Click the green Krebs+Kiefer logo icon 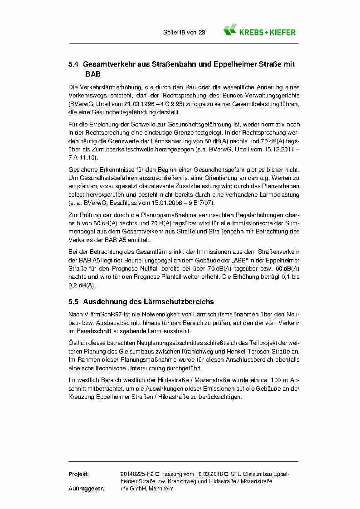click(x=230, y=30)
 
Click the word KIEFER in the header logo click(x=282, y=32)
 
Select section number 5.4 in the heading click(x=73, y=65)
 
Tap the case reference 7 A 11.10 click(x=83, y=157)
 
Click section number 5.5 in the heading click(x=73, y=301)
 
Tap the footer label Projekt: click(x=78, y=474)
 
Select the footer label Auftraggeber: click(x=86, y=489)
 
